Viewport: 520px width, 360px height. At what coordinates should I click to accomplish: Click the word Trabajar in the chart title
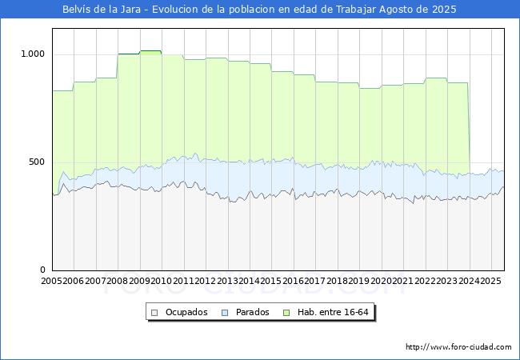click(x=356, y=10)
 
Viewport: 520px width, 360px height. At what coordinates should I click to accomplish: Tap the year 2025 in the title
click(x=444, y=10)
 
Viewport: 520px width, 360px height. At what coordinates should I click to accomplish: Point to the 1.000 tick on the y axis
click(x=33, y=54)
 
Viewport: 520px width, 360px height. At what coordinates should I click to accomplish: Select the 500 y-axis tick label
click(x=37, y=162)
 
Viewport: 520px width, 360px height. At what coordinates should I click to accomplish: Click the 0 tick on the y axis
click(x=42, y=270)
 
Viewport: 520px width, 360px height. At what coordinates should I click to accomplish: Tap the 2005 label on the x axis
click(x=51, y=281)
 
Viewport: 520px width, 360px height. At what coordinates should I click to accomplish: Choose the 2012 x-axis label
click(x=206, y=281)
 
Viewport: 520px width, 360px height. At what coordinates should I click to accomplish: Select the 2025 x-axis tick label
click(x=491, y=281)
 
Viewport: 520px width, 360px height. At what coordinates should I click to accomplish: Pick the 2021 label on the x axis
click(x=403, y=281)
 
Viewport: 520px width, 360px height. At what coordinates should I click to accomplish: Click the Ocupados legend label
click(x=186, y=312)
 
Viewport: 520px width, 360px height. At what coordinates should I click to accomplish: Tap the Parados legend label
click(x=252, y=312)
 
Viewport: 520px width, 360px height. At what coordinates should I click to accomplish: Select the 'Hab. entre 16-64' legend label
click(x=333, y=312)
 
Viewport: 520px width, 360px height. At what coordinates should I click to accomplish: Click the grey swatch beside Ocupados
click(x=154, y=313)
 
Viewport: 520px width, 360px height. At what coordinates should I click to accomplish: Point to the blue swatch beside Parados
click(x=225, y=313)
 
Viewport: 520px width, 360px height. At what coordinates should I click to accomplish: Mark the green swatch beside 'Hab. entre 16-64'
click(x=286, y=313)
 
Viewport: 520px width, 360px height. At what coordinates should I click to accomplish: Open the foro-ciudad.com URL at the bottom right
click(x=458, y=347)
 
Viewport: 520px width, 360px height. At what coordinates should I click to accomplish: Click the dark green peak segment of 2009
click(x=150, y=50)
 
